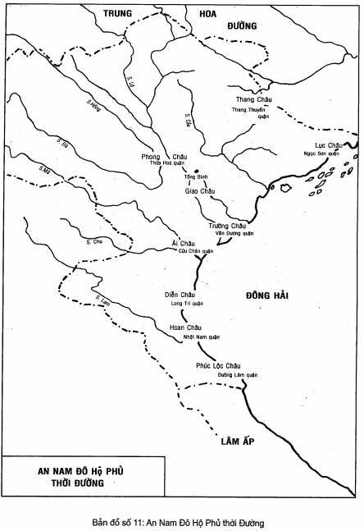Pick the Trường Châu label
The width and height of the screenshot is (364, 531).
pos(228,226)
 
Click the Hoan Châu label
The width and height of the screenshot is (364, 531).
pos(185,328)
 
